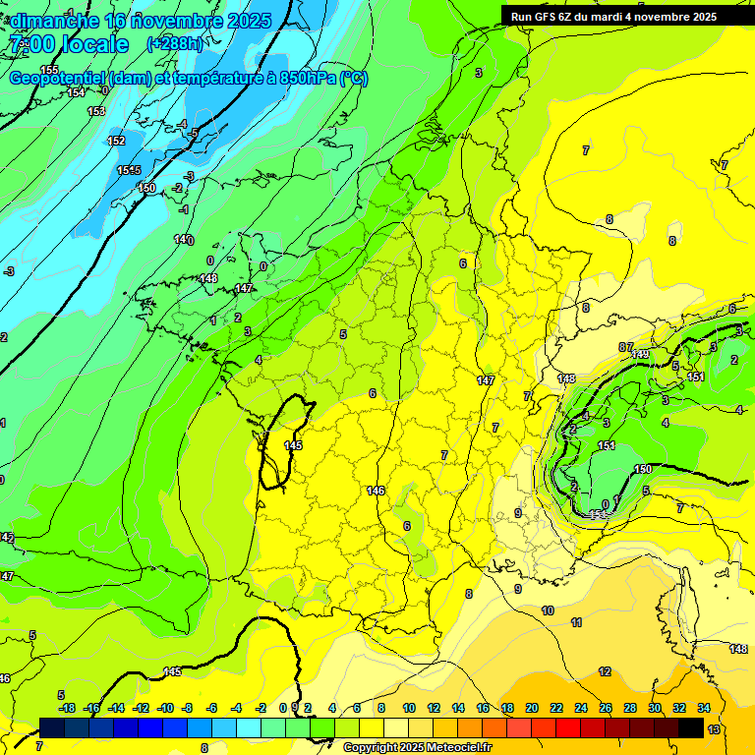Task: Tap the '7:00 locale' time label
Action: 70,44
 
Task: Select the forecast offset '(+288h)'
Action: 175,44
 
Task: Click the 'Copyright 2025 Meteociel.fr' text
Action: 417,747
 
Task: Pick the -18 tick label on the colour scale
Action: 67,708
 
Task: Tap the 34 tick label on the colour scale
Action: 703,708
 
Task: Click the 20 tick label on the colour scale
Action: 532,708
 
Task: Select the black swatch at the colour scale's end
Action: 691,727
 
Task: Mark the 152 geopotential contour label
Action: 116,141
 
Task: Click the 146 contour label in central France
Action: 376,491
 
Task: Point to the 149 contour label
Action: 641,354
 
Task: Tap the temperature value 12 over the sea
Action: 605,671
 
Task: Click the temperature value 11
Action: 576,622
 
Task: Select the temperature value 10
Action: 548,610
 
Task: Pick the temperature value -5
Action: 194,133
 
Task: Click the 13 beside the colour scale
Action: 714,728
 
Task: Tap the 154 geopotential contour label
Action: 77,92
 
